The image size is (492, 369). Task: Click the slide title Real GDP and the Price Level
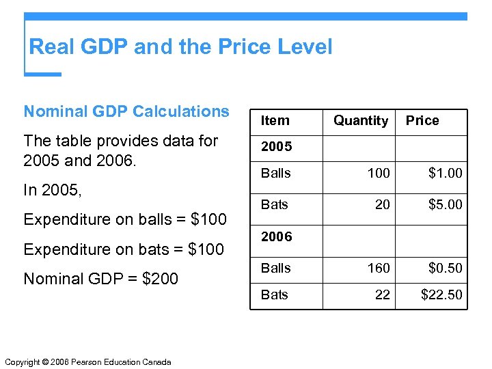180,47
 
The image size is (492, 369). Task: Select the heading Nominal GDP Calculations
126,111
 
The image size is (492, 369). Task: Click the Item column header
275,121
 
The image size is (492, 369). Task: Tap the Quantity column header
361,121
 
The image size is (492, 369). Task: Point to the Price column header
422,121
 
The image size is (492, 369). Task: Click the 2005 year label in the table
276,146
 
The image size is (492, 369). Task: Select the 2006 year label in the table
276,237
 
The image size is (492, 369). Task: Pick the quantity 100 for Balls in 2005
379,174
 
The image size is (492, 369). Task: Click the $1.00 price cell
445,174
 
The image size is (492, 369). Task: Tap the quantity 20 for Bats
383,204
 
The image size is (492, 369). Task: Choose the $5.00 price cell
445,204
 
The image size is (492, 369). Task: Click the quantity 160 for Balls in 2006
379,269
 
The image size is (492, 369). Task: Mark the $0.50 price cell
445,269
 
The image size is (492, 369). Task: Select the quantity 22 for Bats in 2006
383,295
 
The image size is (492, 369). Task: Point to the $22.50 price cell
441,295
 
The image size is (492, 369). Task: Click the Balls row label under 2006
275,269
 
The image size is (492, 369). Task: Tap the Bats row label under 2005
274,204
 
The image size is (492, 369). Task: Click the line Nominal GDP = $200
100,279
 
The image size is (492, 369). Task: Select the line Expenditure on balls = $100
125,219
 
